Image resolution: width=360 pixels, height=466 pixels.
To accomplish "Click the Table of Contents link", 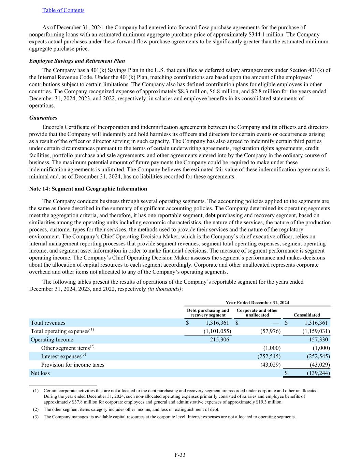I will pos(63,10).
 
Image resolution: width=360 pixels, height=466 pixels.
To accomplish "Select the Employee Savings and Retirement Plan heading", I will pos(77,61).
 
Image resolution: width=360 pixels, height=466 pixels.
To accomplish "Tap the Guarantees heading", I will pos(43,118).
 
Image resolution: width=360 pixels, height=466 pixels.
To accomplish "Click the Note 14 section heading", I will pos(88,189).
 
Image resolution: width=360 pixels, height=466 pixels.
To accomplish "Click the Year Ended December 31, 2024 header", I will pos(257,302).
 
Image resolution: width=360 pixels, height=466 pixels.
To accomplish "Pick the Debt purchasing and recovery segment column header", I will pos(208,313).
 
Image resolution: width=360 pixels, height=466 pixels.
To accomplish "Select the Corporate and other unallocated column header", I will pos(257,313).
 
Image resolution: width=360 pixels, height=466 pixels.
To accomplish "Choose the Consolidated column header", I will pos(307,315).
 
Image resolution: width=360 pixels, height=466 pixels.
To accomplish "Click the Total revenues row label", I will pos(48,323).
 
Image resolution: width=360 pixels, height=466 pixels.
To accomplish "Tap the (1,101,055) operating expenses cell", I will pos(217,331).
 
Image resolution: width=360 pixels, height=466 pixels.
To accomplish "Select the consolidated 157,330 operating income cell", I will pos(319,340).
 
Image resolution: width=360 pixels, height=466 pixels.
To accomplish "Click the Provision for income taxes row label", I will pos(73,365).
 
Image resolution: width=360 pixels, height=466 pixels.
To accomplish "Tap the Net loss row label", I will pos(40,373).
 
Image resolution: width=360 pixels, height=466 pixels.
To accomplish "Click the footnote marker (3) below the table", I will pos(36,417).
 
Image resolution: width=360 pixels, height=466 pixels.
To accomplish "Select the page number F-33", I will pos(180,455).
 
